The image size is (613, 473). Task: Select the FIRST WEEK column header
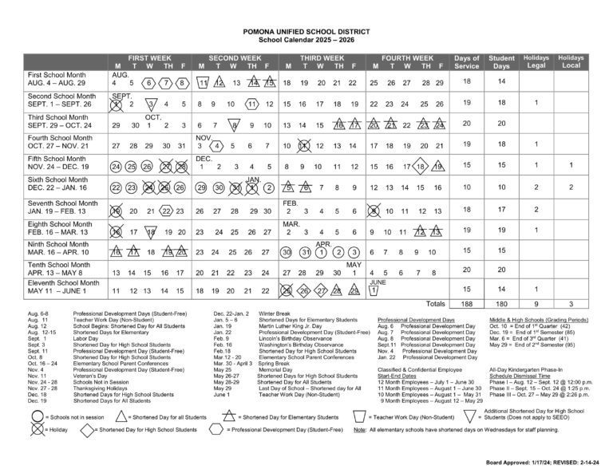[x=149, y=59]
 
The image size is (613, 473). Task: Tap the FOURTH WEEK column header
[x=406, y=59]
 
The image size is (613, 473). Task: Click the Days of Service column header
[x=467, y=62]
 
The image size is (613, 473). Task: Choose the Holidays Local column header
[x=571, y=62]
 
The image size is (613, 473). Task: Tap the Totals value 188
[x=467, y=304]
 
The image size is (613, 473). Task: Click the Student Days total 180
[x=501, y=304]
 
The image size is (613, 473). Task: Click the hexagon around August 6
[x=149, y=83]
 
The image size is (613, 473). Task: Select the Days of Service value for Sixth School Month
[x=467, y=187]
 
